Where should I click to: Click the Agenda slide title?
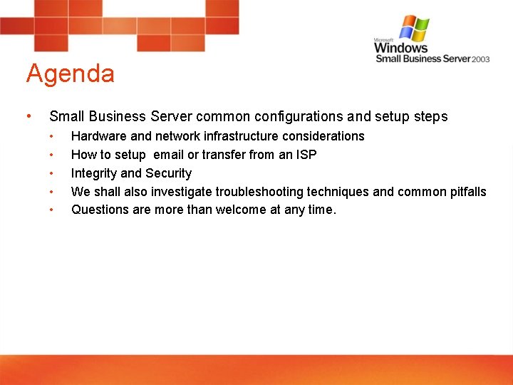tap(70, 74)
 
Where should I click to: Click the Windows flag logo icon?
tap(414, 29)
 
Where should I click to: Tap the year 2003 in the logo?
tap(481, 59)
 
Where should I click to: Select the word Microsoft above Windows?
tap(385, 40)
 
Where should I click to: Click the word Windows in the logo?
tap(401, 48)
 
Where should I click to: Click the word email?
tap(166, 155)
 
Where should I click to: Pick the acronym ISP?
tap(306, 155)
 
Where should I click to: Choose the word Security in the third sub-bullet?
tap(168, 173)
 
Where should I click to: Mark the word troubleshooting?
tap(259, 192)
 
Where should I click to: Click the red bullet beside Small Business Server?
tap(27, 116)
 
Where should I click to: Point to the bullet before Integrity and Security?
tap(51, 173)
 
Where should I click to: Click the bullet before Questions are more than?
tap(51, 210)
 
